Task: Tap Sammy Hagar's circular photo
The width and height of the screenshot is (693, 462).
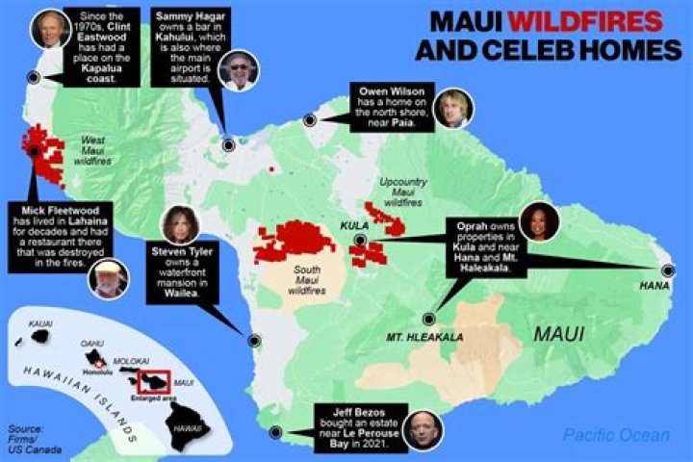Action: pyautogui.click(x=237, y=71)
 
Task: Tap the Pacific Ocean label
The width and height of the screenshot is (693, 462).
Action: pyautogui.click(x=616, y=435)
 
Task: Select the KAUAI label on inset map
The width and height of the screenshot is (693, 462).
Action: pyautogui.click(x=40, y=324)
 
